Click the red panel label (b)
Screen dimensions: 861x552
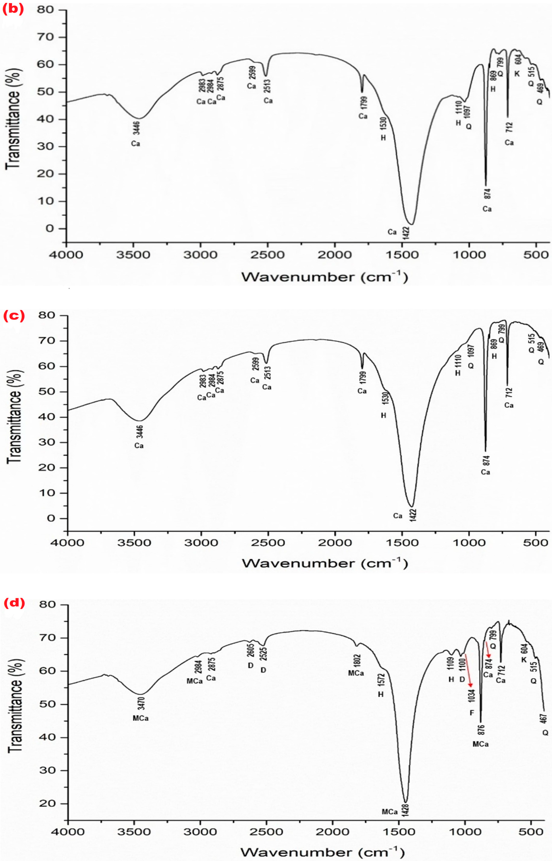(13, 9)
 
